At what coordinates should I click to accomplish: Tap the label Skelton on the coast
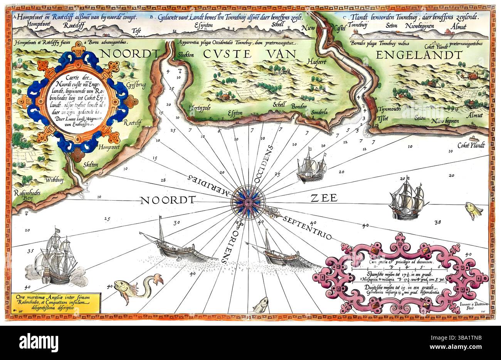(90, 164)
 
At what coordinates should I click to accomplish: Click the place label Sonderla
(320, 113)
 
